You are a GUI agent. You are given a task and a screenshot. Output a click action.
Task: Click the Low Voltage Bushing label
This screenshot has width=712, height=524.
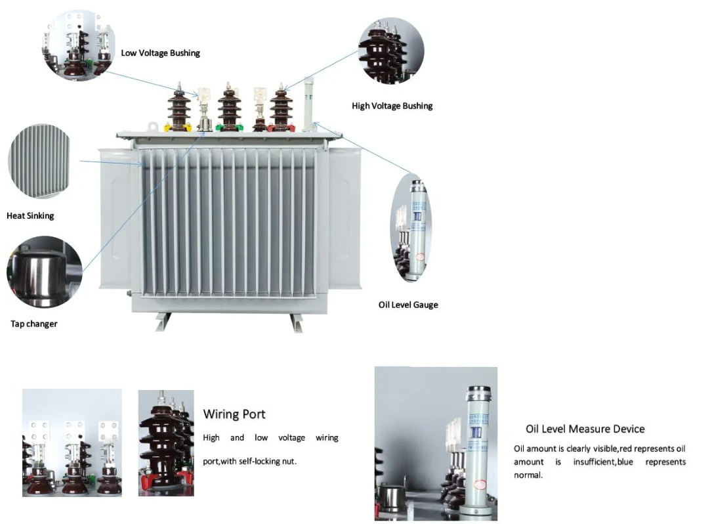(x=160, y=53)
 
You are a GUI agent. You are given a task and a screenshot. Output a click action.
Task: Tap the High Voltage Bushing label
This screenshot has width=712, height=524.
(x=392, y=106)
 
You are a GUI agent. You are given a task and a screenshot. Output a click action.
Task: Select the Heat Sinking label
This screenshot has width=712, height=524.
(x=30, y=215)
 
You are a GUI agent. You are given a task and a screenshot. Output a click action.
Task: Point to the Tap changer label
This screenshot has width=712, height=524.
(x=33, y=324)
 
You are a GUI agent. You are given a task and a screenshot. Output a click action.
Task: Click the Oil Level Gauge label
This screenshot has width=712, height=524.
(x=408, y=305)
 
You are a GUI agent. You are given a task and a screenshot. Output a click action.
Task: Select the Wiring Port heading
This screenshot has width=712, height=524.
(x=234, y=414)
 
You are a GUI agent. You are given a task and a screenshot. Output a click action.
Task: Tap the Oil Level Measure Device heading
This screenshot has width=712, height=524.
(x=585, y=429)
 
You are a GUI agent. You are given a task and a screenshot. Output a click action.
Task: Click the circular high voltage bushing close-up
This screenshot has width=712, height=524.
(x=391, y=51)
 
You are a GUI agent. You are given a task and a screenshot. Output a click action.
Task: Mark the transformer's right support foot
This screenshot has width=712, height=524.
(x=296, y=322)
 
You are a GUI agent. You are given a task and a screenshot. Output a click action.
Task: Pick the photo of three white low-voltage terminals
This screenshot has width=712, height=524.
(x=72, y=441)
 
